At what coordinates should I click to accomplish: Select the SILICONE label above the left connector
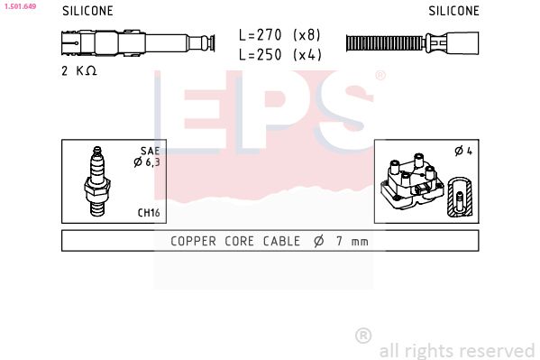tap(87, 12)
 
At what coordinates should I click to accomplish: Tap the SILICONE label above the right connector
tap(453, 12)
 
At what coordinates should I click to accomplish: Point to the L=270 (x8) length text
tap(279, 35)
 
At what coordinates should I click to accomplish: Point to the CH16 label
tap(148, 213)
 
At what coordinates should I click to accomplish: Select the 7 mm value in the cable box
tap(352, 241)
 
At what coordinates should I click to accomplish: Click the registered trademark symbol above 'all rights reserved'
tap(363, 336)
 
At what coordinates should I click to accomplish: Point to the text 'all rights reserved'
tap(456, 350)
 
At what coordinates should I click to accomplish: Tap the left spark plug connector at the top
tap(135, 42)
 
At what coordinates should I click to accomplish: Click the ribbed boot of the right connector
tap(383, 42)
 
